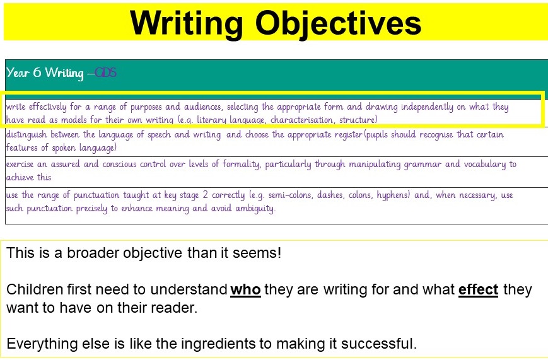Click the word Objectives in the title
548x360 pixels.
tap(338, 24)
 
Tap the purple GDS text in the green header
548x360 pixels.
tap(105, 73)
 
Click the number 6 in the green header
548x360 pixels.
tap(37, 73)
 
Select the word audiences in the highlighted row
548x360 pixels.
tap(202, 107)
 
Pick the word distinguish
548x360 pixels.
tap(26, 135)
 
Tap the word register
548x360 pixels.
tap(349, 135)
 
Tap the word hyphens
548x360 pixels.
tap(393, 195)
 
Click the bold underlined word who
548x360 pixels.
tap(246, 290)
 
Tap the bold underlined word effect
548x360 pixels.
tap(478, 290)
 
